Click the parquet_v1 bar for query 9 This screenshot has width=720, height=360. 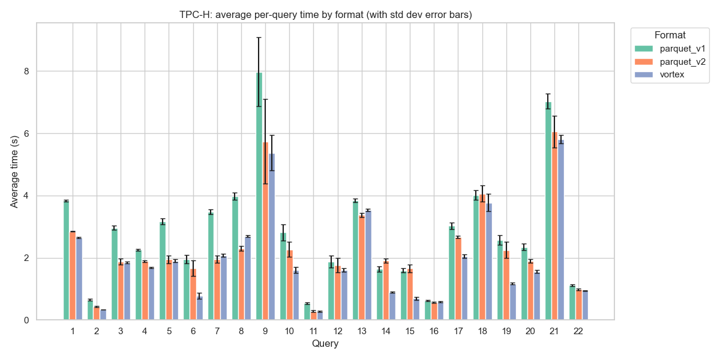tap(259, 198)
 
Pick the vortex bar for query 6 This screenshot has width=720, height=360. tap(199, 308)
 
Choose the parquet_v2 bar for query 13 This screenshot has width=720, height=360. tap(362, 268)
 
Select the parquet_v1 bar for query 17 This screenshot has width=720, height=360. tap(452, 273)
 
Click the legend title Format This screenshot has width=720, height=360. tap(670, 35)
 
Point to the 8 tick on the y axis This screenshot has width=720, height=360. tap(25, 71)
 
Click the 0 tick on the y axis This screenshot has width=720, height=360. tap(25, 320)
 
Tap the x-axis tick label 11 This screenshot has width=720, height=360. tap(313, 332)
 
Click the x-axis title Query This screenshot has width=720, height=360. tap(325, 344)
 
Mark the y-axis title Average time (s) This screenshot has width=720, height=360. tap(14, 171)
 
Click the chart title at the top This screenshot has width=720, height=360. tap(326, 15)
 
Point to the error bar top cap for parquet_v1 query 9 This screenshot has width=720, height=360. tap(259, 37)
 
